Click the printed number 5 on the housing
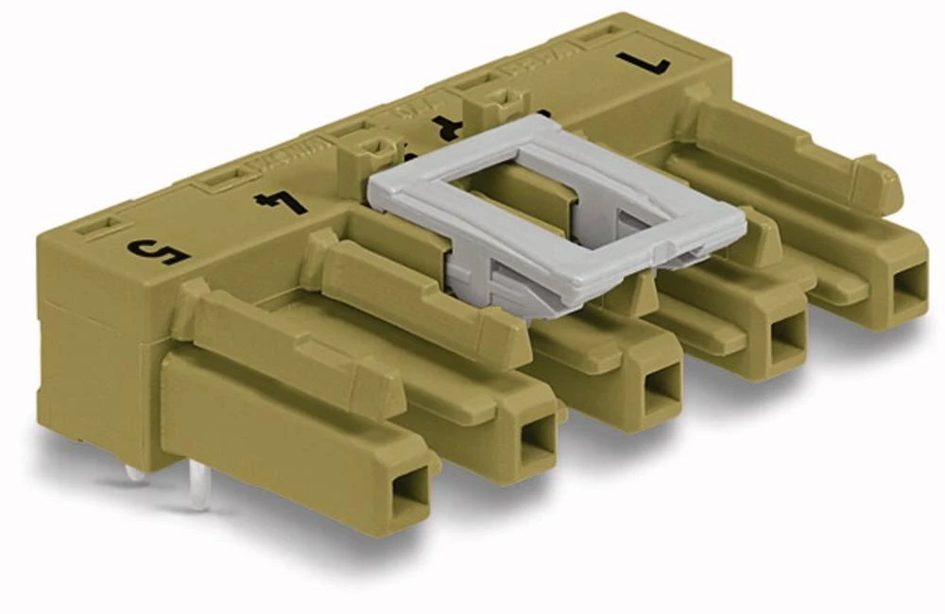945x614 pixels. [x=159, y=251]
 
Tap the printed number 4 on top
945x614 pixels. [x=281, y=200]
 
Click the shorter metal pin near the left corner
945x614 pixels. [x=137, y=472]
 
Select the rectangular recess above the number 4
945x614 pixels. [x=227, y=178]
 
